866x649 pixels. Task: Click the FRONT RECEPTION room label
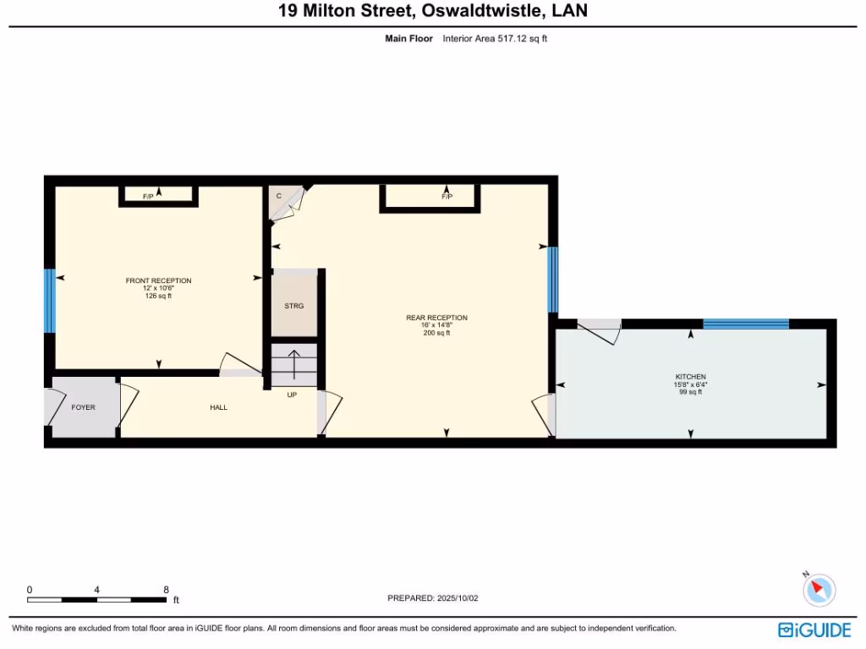coord(158,281)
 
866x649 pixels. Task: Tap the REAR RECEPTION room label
coord(436,318)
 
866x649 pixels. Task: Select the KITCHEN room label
coord(690,376)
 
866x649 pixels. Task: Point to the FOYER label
coord(83,407)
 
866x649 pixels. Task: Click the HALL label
coord(218,407)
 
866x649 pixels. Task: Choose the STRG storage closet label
coord(293,306)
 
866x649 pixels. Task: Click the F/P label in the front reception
coord(148,197)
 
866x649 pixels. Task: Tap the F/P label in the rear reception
coord(447,197)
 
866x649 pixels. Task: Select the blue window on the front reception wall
coord(49,302)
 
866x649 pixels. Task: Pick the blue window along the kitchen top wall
coord(745,324)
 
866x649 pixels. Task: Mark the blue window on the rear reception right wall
coord(552,280)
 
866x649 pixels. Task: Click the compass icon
coord(819,588)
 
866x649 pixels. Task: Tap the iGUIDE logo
coord(814,630)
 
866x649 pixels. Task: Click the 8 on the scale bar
coord(166,589)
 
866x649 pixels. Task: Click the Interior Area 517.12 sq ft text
coord(495,39)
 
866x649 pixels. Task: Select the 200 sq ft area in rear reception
coord(436,333)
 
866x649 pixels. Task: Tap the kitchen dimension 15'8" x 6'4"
coord(690,384)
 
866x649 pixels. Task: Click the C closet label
coord(278,196)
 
